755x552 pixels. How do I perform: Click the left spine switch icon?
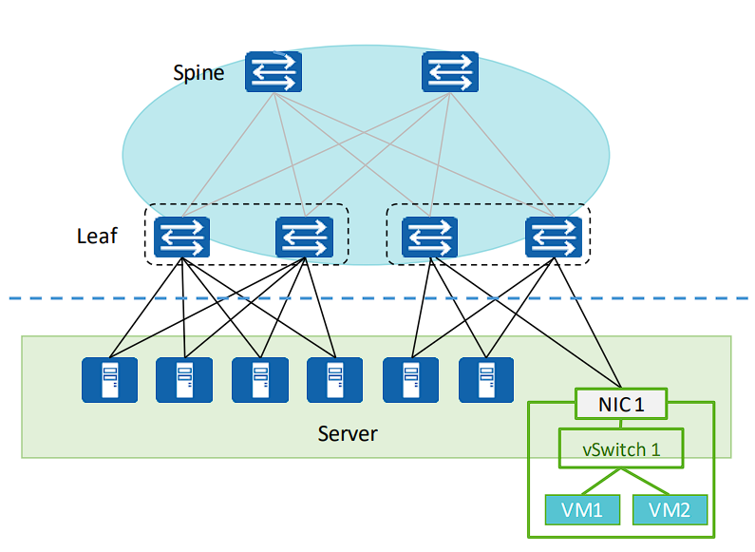point(273,71)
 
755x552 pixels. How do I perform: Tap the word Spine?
point(198,72)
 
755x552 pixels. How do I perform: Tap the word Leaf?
point(97,236)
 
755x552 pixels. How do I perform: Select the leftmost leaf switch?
point(181,237)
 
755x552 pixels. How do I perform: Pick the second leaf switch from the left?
point(305,237)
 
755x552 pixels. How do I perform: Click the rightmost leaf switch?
point(554,237)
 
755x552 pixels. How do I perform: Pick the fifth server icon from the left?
point(410,380)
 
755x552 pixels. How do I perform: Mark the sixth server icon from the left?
point(486,380)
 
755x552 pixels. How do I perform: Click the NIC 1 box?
point(620,405)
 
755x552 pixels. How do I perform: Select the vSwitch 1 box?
point(620,449)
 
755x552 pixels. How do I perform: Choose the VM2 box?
point(670,510)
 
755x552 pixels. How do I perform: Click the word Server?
point(348,434)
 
